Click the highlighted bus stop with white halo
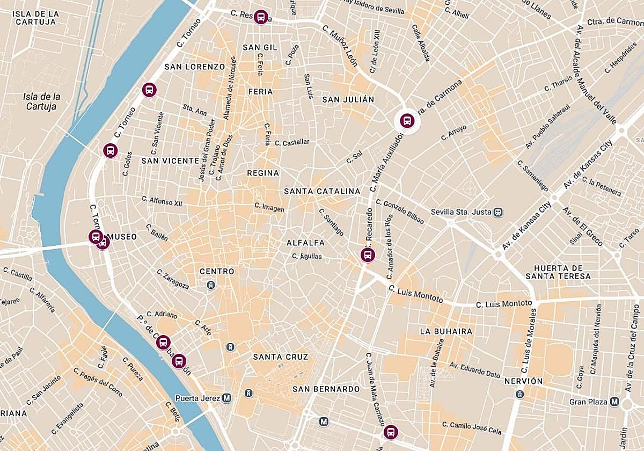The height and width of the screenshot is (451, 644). [x=407, y=121]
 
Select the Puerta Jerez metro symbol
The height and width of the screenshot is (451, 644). [x=227, y=398]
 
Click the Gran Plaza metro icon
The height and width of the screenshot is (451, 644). [x=613, y=402]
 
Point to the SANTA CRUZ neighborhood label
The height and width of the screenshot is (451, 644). [x=281, y=357]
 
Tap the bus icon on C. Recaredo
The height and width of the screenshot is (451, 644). [x=368, y=254]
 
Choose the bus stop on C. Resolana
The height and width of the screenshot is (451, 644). [x=260, y=17]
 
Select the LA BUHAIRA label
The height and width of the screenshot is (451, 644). [x=446, y=331]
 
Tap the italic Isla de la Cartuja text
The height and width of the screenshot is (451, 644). [x=42, y=101]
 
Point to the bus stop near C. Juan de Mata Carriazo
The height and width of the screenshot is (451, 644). [x=391, y=432]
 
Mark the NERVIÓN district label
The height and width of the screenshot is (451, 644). [x=523, y=381]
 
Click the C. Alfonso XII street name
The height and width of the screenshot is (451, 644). [x=162, y=201]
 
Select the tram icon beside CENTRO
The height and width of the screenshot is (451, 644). [x=211, y=285]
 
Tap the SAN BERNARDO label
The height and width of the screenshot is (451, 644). [x=326, y=389]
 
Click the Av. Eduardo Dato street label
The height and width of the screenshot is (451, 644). [x=474, y=370]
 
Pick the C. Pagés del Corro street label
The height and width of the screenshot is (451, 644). [x=98, y=383]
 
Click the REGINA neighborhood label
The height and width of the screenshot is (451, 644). [x=263, y=173]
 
